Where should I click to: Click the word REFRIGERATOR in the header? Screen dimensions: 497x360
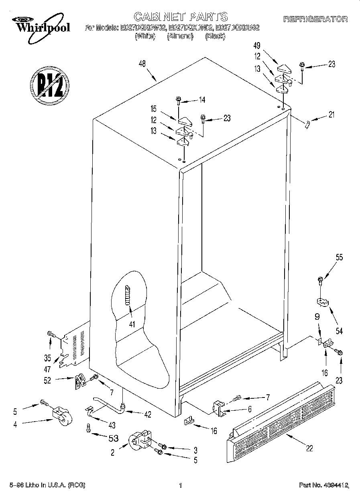point(315,19)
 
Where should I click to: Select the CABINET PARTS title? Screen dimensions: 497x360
point(180,16)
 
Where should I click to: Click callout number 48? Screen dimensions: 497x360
point(141,63)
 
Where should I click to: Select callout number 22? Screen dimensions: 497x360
point(309,448)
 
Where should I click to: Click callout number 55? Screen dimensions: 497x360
point(339,258)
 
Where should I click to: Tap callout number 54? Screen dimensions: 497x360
point(339,331)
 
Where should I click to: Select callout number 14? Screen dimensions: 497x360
point(201,100)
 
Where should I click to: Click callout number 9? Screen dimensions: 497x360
point(317,316)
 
